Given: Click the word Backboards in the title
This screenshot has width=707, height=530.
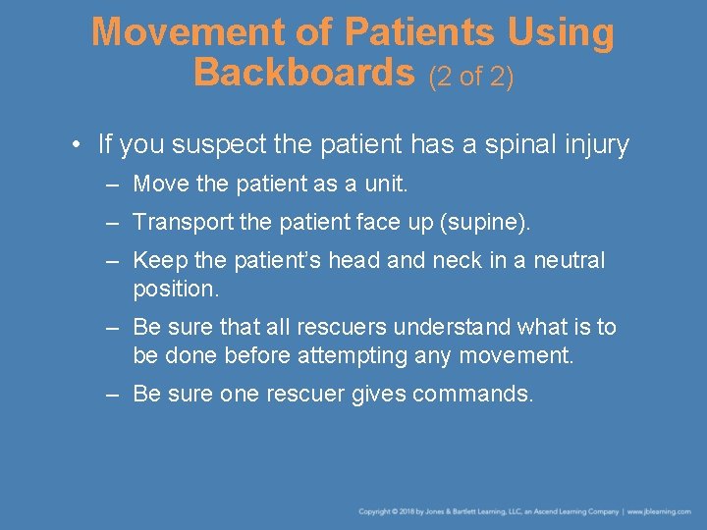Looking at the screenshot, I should click(304, 72).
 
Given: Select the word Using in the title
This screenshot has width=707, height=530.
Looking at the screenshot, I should click(561, 32).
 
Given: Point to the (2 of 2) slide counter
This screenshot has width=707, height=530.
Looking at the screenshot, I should click(470, 76).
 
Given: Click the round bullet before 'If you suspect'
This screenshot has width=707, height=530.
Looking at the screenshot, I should click(76, 146).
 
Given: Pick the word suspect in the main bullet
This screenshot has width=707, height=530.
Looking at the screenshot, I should click(218, 145).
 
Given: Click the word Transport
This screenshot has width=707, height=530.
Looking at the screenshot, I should click(179, 222).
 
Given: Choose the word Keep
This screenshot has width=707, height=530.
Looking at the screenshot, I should click(156, 260).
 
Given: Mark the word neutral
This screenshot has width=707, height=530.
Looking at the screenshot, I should click(570, 260).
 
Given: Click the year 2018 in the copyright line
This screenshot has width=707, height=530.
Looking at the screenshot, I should click(404, 511).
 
